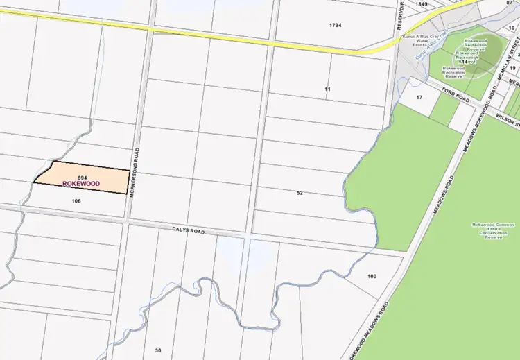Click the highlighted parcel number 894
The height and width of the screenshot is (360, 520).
pos(82,178)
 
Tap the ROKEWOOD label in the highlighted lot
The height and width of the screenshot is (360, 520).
pos(82,185)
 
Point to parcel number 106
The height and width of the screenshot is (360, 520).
pos(77,200)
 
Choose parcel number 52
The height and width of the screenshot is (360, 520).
pos(300,192)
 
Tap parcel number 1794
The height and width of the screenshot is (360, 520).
pos(336,25)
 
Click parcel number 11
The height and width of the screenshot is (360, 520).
pos(328,90)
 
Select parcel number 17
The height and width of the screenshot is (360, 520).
pos(419,97)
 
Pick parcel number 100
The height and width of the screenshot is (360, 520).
pos(372,276)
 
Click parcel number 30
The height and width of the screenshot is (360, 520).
pos(158,350)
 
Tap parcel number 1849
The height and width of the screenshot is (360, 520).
pos(422,4)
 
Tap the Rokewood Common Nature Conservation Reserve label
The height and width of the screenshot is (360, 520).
pos(491,230)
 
